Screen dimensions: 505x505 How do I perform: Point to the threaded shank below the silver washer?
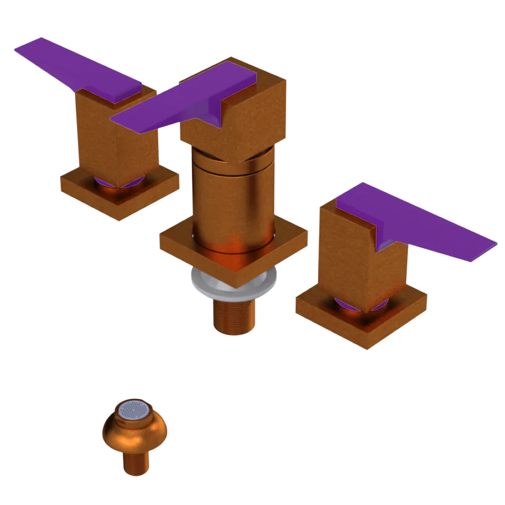tap(233, 316)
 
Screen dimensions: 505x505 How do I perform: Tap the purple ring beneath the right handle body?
tap(348, 304)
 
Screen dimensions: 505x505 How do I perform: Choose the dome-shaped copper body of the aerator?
tap(134, 434)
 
